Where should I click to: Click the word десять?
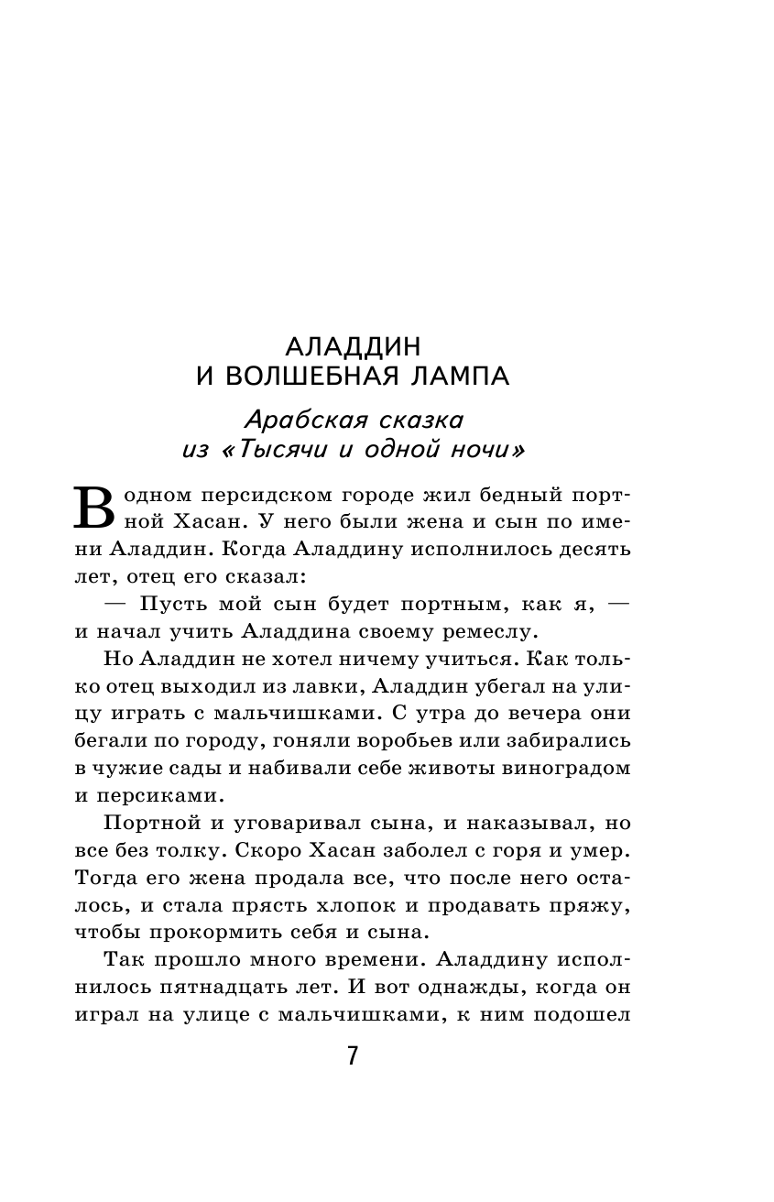581,550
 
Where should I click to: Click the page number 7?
353,1056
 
